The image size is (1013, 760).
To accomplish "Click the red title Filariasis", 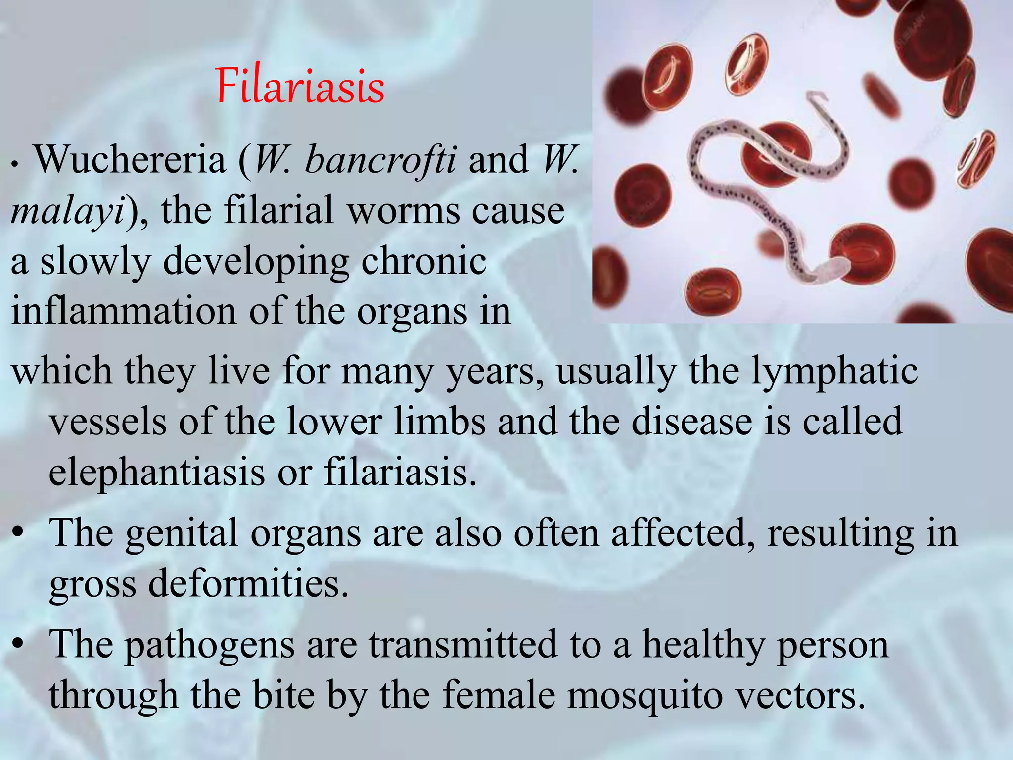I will (x=300, y=87).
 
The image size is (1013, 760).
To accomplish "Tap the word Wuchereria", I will (x=130, y=160).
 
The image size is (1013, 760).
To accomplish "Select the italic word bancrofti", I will (x=380, y=160).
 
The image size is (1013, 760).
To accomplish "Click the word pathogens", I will (x=209, y=645).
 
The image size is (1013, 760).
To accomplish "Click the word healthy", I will (x=703, y=645).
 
